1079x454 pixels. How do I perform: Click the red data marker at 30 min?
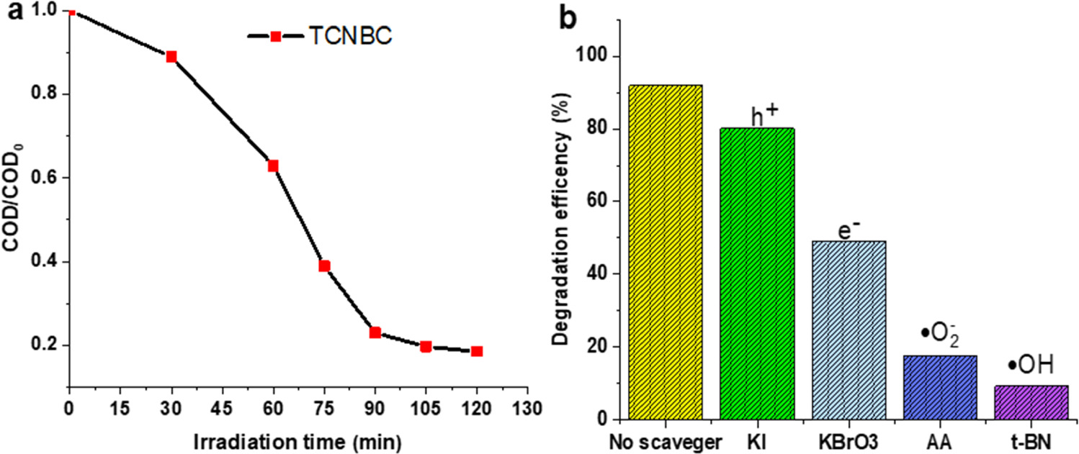(x=171, y=57)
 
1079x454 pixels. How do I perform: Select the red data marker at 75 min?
(x=324, y=266)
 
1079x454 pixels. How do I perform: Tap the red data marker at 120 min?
(x=477, y=351)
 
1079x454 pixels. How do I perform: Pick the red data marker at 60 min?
(x=273, y=166)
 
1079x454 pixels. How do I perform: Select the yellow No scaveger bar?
(x=666, y=252)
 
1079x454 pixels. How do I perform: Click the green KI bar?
(x=757, y=273)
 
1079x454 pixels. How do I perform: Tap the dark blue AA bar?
(x=940, y=387)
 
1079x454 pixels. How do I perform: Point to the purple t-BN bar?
(x=1031, y=402)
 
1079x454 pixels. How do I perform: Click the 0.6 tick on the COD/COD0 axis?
(x=47, y=178)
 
